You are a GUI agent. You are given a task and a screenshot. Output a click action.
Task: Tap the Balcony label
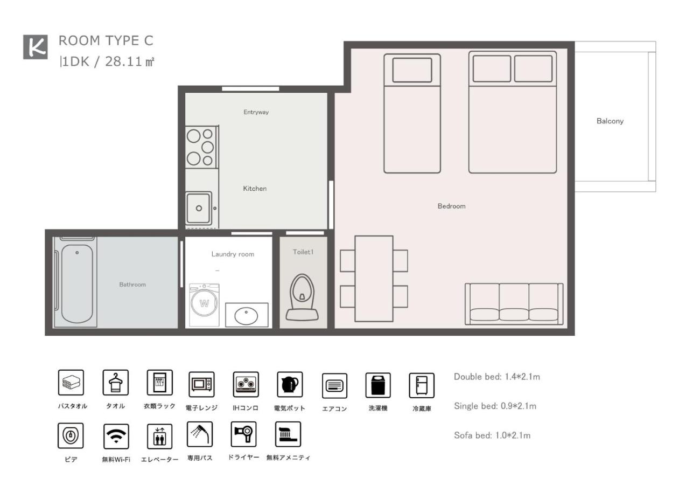point(610,121)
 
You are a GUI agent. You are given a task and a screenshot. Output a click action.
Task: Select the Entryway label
point(256,112)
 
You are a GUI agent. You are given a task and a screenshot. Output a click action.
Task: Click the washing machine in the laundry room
point(204,304)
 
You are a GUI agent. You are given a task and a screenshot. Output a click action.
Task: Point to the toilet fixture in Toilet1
point(303,297)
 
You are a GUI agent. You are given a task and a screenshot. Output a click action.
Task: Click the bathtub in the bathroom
point(76,283)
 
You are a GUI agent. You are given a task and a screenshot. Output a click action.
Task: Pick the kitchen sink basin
point(199,208)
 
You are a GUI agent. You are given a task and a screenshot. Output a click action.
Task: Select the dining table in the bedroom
point(374,278)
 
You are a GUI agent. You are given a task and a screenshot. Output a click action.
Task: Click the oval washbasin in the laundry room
point(247,314)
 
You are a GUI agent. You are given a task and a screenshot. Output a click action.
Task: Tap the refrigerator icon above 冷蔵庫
point(422,385)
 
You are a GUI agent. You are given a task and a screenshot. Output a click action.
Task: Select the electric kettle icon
point(290,384)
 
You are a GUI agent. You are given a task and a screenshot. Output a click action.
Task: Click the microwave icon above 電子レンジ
point(201,384)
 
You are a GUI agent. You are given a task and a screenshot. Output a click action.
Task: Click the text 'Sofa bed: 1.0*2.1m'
point(492,435)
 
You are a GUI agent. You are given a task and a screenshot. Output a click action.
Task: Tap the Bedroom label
point(451,206)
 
